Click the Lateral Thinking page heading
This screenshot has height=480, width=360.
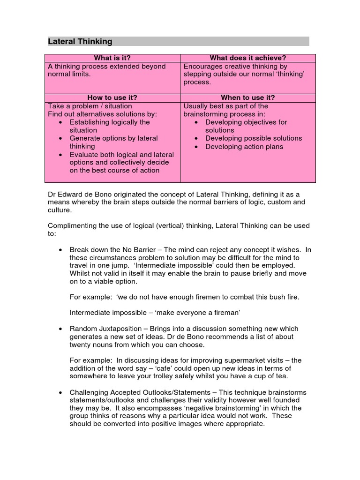pos(80,42)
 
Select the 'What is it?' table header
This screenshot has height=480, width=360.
pos(112,58)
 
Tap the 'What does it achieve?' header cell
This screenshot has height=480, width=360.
pos(247,58)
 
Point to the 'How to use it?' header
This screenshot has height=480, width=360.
pos(112,98)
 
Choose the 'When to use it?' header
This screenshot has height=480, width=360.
pos(247,98)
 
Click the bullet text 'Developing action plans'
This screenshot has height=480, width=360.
pos(244,147)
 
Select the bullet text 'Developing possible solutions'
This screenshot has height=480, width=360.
pos(254,138)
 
